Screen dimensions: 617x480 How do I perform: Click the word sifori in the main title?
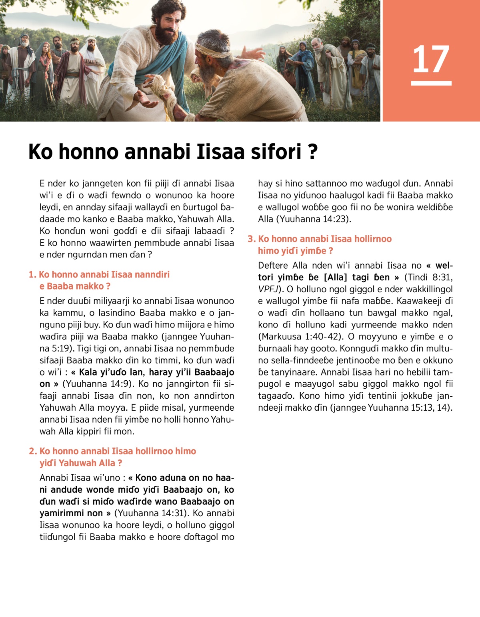pyautogui.click(x=276, y=152)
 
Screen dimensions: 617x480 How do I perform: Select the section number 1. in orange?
pyautogui.click(x=33, y=275)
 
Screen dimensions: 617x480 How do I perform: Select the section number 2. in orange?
pyautogui.click(x=33, y=451)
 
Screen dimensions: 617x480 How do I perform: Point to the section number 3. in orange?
pyautogui.click(x=252, y=239)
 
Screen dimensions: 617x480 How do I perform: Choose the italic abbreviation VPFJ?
pyautogui.click(x=268, y=289)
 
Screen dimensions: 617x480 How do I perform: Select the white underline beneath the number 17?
pyautogui.click(x=431, y=83)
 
